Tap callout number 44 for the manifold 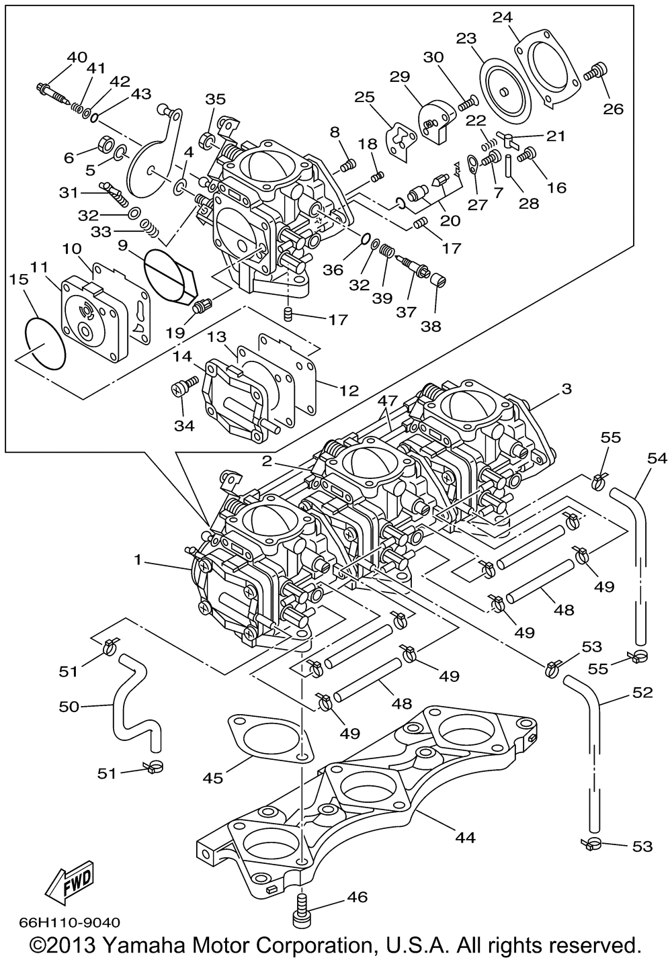click(465, 837)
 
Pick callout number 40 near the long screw click(77, 57)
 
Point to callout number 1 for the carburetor click(138, 560)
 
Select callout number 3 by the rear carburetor click(566, 389)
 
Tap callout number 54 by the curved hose click(657, 458)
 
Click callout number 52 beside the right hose click(643, 692)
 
